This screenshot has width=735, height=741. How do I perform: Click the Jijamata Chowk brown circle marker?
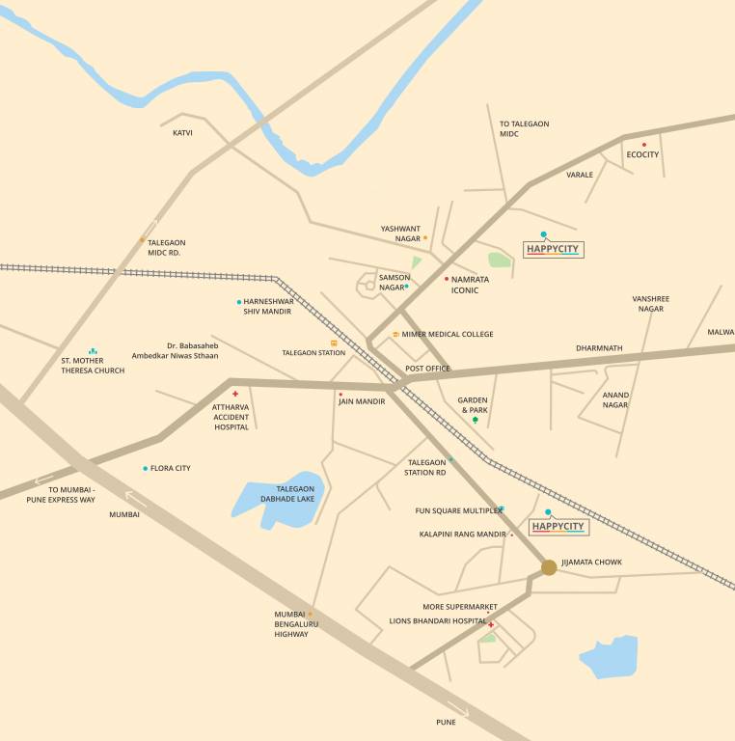[x=549, y=567]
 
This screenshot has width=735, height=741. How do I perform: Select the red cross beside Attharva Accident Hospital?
[x=235, y=394]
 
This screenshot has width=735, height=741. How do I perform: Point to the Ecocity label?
[x=642, y=154]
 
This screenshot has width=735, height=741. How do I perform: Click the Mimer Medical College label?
[x=448, y=334]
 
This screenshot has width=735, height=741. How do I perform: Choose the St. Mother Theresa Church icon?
[x=93, y=351]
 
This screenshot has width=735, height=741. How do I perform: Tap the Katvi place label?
[x=182, y=132]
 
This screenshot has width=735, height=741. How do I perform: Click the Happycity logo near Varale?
[x=554, y=249]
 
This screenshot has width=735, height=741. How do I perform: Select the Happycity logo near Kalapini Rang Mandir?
[x=558, y=526]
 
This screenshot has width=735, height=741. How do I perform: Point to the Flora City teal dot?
[x=146, y=469]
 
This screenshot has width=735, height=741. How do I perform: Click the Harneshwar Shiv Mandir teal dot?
[x=239, y=302]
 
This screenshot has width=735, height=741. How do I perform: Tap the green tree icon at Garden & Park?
[x=475, y=420]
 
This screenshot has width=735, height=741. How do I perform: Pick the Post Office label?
[x=427, y=369]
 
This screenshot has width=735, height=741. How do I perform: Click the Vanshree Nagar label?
[x=650, y=304]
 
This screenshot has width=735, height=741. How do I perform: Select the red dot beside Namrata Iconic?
[x=447, y=279]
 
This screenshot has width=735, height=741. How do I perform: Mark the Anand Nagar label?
[x=615, y=399]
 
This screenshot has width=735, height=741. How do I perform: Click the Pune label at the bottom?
[x=446, y=722]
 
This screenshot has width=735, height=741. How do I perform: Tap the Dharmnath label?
[x=599, y=347]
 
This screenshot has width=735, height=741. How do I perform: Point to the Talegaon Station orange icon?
[x=334, y=343]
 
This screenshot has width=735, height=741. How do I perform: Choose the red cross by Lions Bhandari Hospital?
[x=491, y=625]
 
